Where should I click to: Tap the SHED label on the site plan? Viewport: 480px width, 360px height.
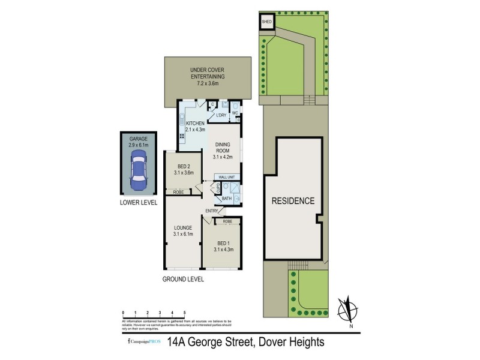(267, 22)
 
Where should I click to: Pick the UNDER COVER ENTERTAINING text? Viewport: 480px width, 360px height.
(207, 77)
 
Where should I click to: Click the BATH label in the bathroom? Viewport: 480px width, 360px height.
(227, 199)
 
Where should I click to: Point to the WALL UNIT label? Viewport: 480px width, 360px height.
(230, 177)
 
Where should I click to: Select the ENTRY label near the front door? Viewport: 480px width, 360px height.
(212, 211)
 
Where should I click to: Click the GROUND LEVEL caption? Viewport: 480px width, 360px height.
(183, 280)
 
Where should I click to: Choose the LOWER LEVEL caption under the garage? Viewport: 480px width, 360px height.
(138, 203)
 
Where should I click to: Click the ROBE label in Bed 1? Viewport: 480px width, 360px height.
(227, 221)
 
